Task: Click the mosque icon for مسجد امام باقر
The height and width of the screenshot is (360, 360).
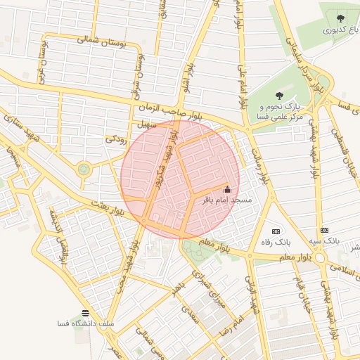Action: click(x=226, y=189)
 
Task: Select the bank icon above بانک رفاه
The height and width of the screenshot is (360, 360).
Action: click(x=276, y=231)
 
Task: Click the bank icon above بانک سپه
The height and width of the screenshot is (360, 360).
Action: click(x=324, y=230)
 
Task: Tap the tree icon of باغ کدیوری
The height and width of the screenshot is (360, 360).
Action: click(x=341, y=19)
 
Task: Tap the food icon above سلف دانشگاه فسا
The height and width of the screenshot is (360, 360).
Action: click(x=86, y=313)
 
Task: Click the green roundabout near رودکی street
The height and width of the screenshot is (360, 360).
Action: click(x=84, y=169)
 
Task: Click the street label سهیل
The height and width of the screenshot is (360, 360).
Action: click(x=146, y=124)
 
